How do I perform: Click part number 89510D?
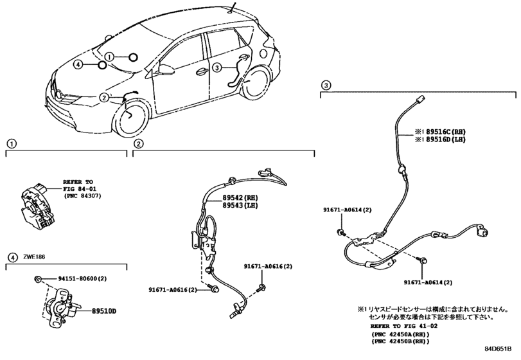click(104, 312)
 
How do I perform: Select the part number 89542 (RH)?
click(238, 198)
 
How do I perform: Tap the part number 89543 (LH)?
click(238, 206)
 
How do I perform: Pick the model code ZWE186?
click(34, 257)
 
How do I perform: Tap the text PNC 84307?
click(82, 196)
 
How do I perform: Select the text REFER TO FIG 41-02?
click(403, 326)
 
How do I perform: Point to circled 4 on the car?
click(78, 64)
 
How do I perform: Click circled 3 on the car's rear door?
click(216, 67)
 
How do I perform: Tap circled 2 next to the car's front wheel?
click(104, 98)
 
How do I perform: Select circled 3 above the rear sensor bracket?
click(326, 85)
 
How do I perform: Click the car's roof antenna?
click(232, 8)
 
